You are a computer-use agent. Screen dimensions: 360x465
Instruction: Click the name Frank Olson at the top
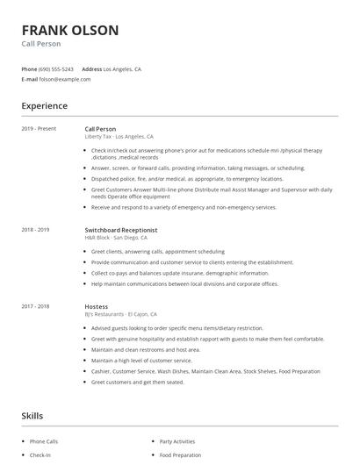pyautogui.click(x=69, y=30)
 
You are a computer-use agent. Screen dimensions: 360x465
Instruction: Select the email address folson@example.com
pyautogui.click(x=65, y=78)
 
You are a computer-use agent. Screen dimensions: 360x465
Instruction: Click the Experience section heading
pyautogui.click(x=45, y=106)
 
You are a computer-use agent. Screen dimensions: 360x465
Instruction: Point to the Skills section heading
pyautogui.click(x=32, y=415)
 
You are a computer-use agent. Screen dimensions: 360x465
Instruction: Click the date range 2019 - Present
pyautogui.click(x=39, y=129)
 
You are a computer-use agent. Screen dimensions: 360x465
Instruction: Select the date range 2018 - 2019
pyautogui.click(x=35, y=230)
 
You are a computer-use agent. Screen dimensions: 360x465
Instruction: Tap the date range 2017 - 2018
pyautogui.click(x=35, y=306)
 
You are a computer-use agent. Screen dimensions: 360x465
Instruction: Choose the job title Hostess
pyautogui.click(x=97, y=306)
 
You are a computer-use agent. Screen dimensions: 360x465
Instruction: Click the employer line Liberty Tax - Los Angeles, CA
pyautogui.click(x=119, y=137)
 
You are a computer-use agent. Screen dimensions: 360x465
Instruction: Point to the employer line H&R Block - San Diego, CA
pyautogui.click(x=116, y=237)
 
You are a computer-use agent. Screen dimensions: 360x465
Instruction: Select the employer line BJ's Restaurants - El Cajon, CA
pyautogui.click(x=121, y=313)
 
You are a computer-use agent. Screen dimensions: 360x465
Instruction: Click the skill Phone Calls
pyautogui.click(x=44, y=441)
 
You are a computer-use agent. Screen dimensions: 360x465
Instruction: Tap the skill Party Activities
pyautogui.click(x=178, y=441)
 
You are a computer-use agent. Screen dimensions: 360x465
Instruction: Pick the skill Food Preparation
pyautogui.click(x=180, y=455)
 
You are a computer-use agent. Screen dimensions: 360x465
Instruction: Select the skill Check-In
pyautogui.click(x=40, y=455)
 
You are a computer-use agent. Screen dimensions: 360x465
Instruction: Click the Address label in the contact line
pyautogui.click(x=91, y=68)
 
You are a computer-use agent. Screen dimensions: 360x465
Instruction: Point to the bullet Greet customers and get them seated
pyautogui.click(x=137, y=382)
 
